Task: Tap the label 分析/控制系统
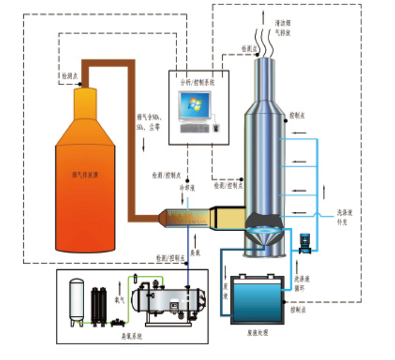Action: point(198,82)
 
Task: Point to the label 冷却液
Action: point(185,188)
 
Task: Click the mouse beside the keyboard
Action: point(216,126)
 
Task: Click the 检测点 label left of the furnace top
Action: point(69,75)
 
